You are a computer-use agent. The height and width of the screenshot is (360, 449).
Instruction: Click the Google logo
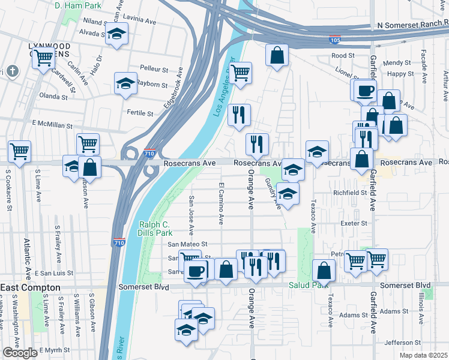[x=20, y=353]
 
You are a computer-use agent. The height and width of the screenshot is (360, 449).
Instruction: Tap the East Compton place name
[x=31, y=288]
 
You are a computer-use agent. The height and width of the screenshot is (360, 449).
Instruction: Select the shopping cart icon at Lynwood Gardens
[x=43, y=58]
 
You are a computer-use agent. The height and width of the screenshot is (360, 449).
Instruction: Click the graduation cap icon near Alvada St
[x=116, y=34]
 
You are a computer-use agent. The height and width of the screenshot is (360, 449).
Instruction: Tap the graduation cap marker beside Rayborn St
[x=126, y=83]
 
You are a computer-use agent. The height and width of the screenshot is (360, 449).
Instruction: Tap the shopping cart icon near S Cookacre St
[x=19, y=151]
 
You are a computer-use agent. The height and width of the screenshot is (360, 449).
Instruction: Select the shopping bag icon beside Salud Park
[x=324, y=270]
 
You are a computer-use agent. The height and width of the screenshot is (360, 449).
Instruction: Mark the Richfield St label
[x=350, y=193]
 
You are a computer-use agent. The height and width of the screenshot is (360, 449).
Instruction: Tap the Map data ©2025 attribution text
[x=424, y=356]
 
